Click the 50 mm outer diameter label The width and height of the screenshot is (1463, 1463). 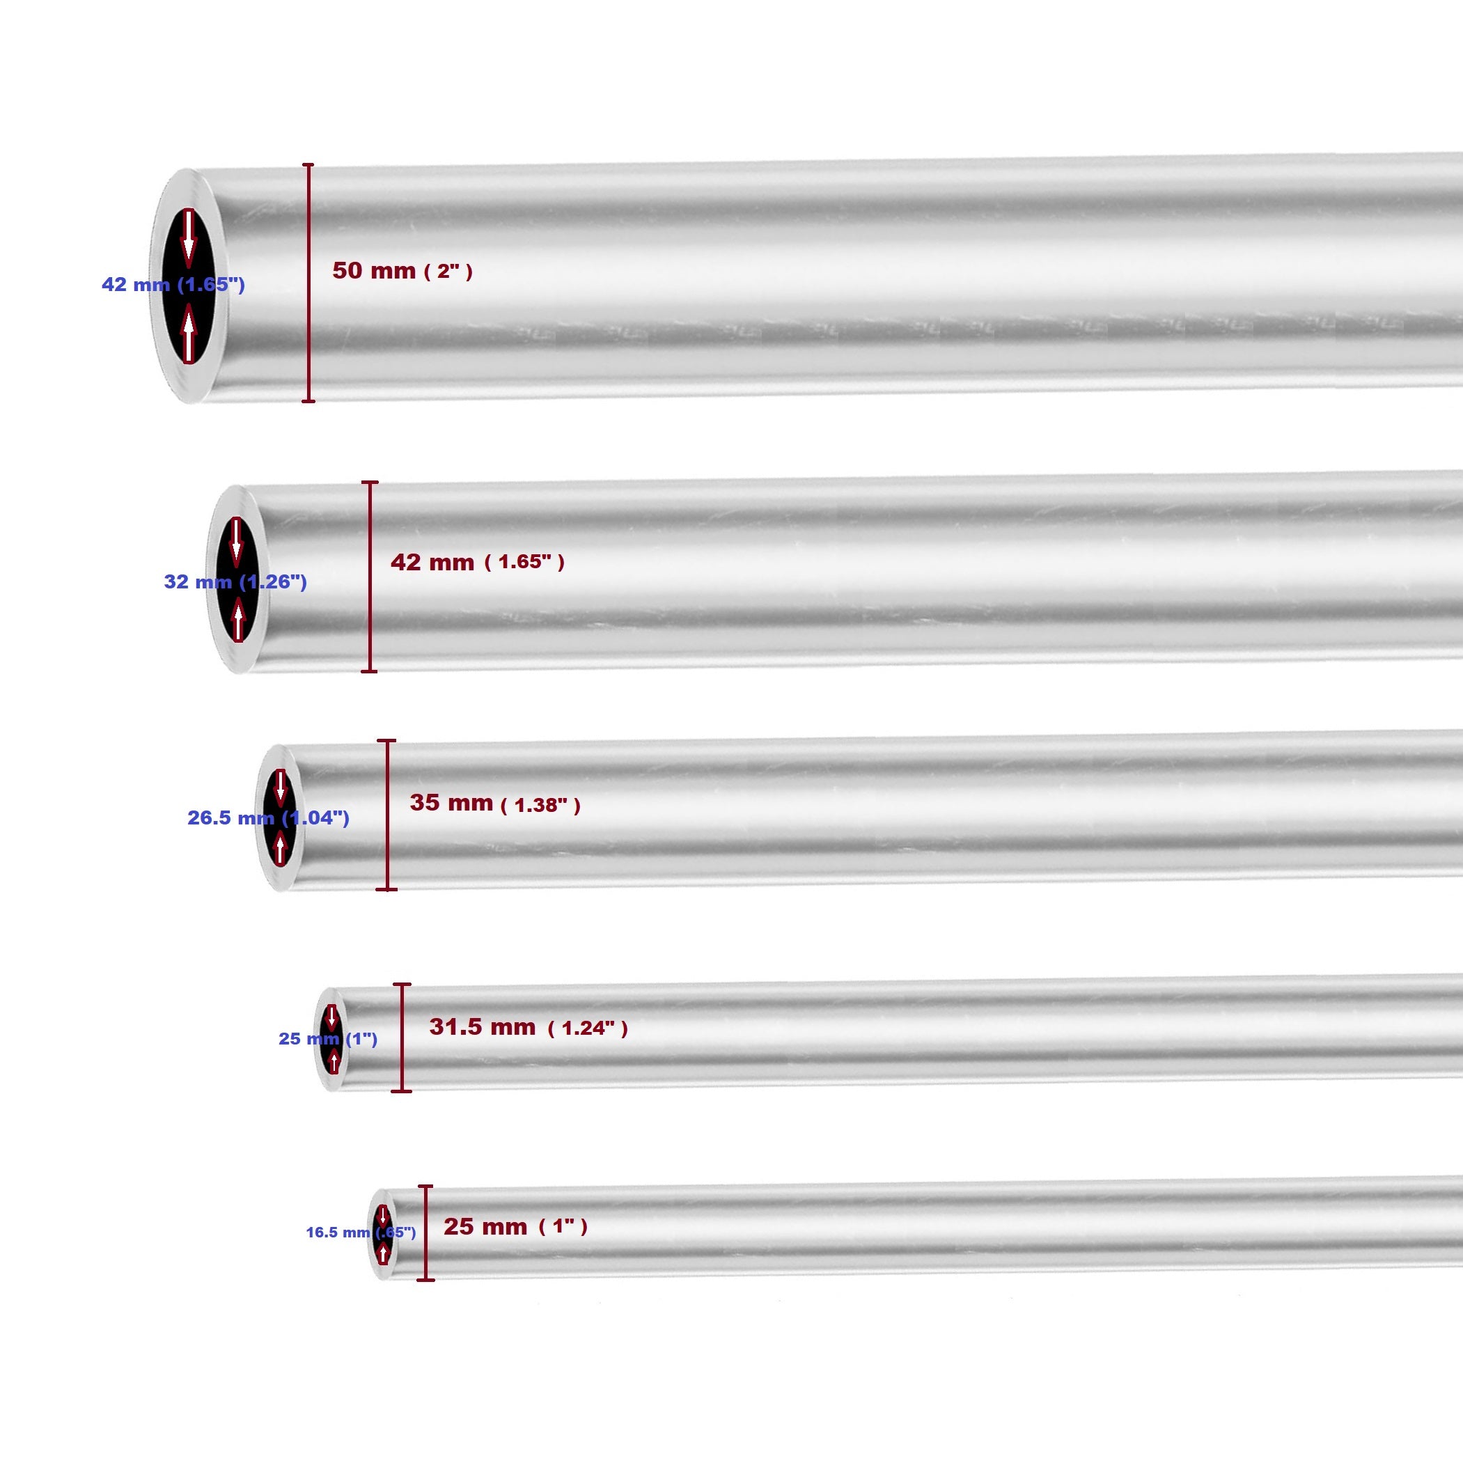coord(402,270)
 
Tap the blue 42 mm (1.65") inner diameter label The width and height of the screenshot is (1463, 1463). coord(173,285)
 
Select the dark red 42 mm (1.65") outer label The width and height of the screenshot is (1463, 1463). coord(477,561)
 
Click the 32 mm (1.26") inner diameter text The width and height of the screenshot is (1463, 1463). coord(235,581)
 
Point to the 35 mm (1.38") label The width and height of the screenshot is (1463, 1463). coord(494,804)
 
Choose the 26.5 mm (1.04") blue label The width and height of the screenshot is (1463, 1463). coord(268,817)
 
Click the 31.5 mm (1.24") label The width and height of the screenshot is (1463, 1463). coord(528,1027)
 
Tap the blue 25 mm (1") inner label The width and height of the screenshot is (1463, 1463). coord(327,1039)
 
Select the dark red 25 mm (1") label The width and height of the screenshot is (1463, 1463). coord(515,1226)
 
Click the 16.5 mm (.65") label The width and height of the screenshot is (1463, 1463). coord(361,1233)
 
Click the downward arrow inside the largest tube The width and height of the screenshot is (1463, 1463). coord(189,237)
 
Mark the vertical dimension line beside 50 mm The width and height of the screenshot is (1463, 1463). coord(308,283)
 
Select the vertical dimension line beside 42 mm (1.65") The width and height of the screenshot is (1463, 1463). coord(370,577)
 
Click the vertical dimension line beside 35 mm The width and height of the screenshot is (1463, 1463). coord(387,815)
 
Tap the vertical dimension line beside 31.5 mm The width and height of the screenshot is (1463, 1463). coord(402,1038)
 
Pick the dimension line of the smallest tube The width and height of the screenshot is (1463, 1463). coord(425,1233)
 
